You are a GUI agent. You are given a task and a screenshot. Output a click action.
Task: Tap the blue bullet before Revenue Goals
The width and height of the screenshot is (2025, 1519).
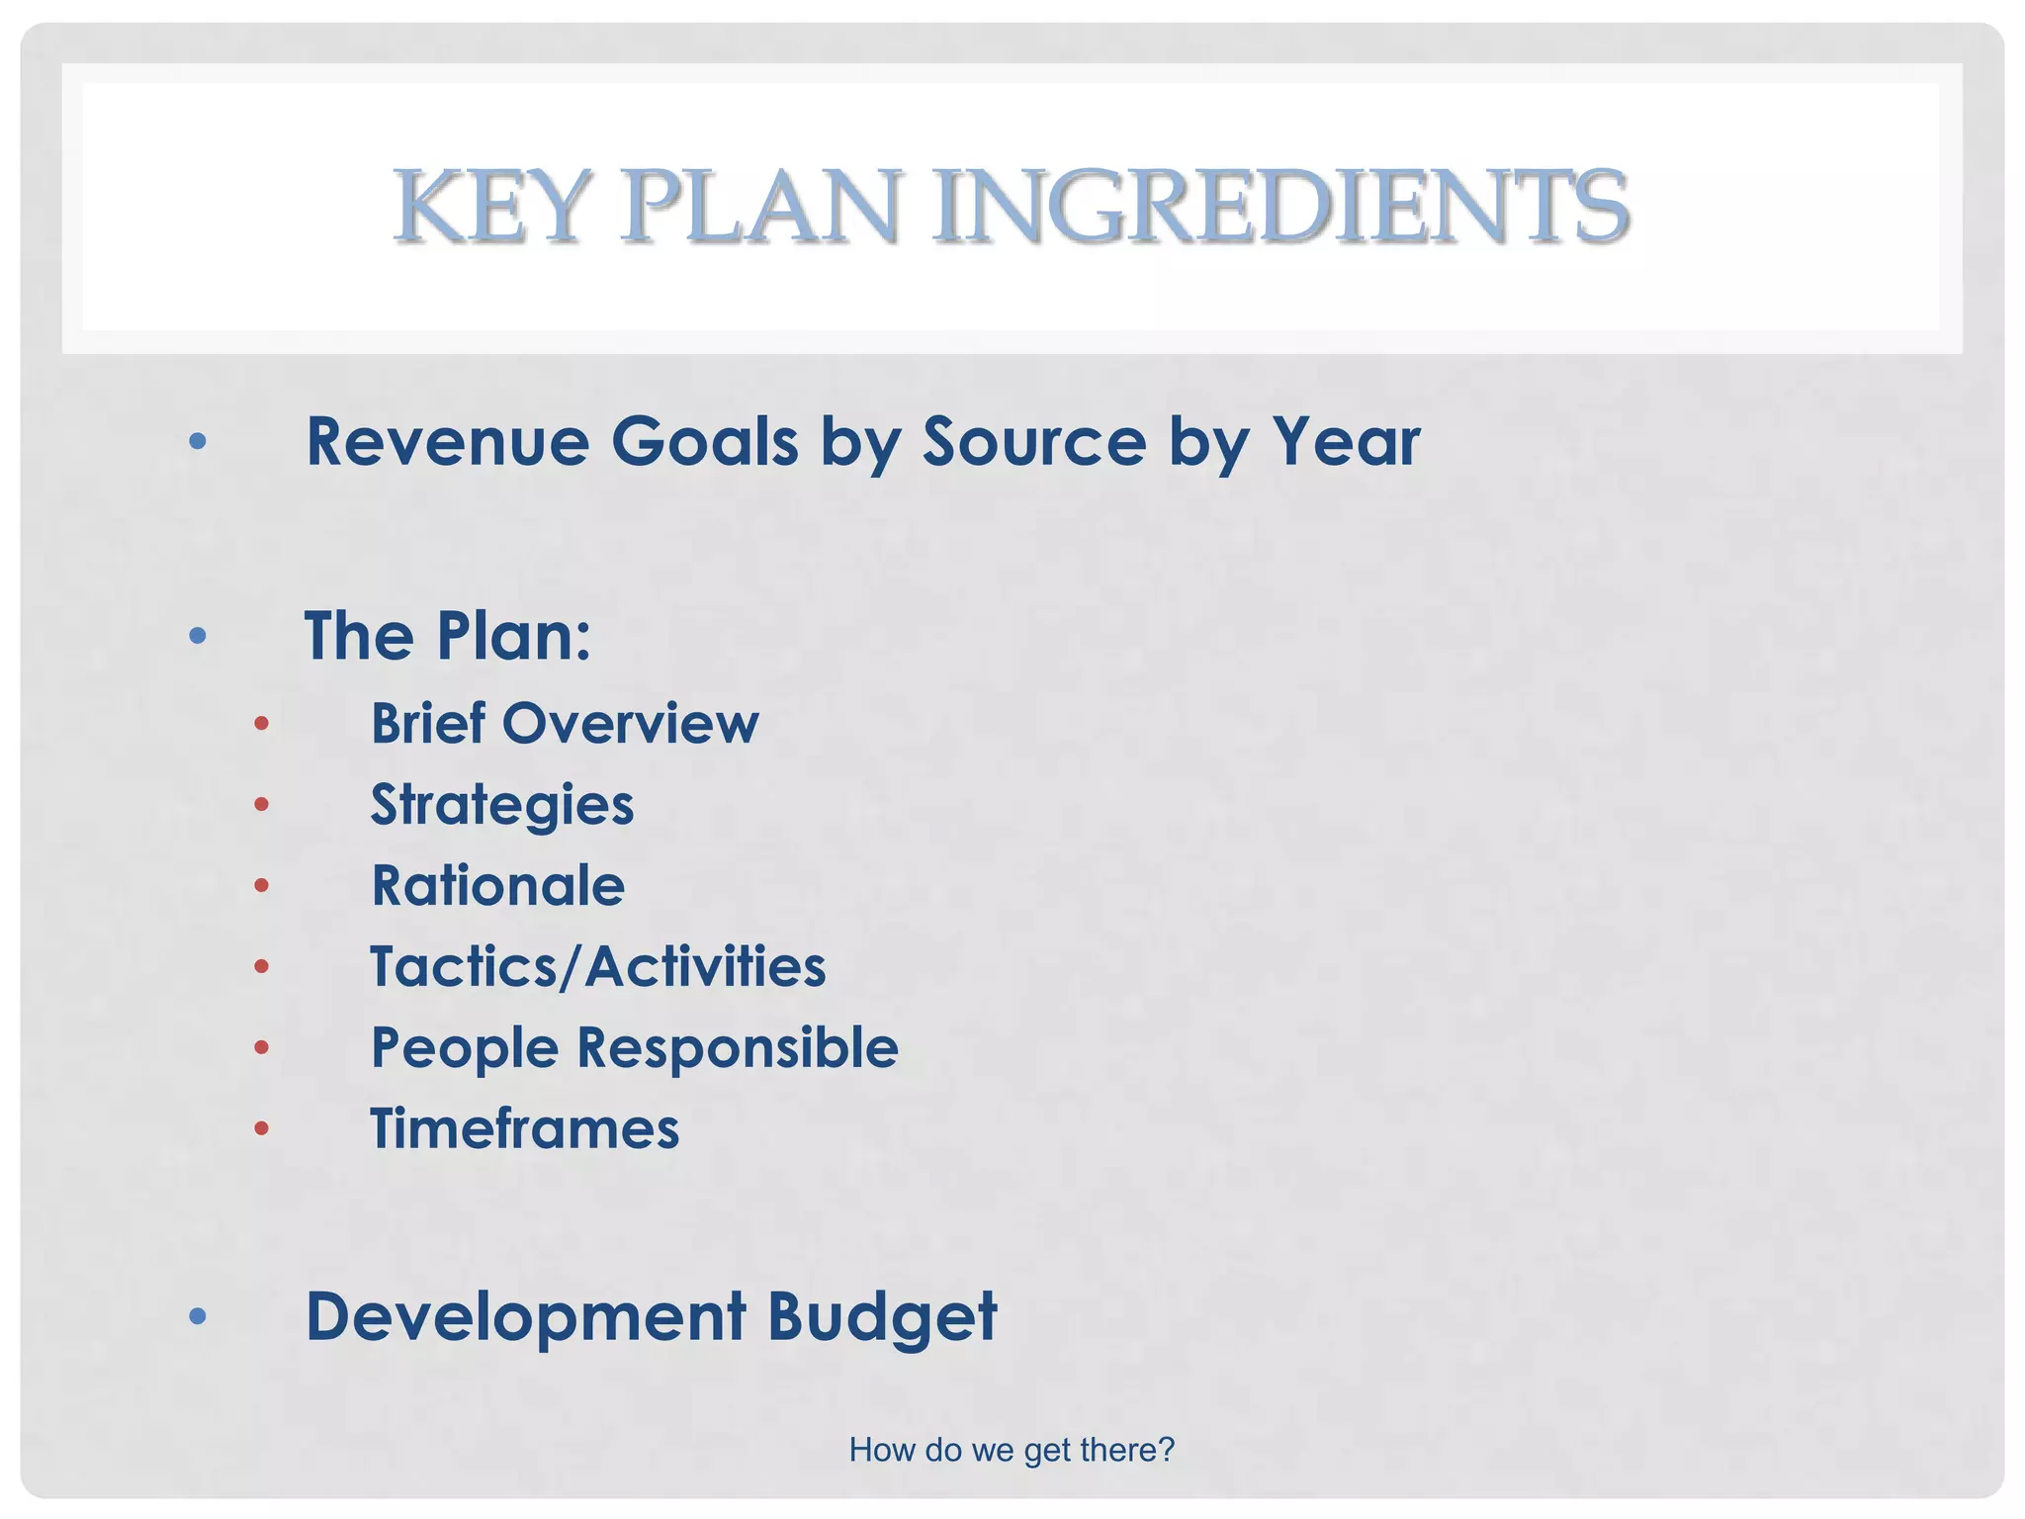[x=198, y=441]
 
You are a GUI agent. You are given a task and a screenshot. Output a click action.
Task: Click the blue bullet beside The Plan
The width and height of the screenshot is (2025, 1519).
[x=198, y=635]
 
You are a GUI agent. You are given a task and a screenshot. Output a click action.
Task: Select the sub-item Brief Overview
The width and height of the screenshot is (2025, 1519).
[x=565, y=723]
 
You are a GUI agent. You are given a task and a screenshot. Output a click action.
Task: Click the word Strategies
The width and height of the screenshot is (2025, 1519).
[x=502, y=805]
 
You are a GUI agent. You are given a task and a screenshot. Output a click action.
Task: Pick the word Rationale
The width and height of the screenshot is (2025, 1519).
[x=497, y=885]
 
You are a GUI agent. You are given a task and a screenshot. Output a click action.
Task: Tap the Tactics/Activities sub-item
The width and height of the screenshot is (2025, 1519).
[x=597, y=966]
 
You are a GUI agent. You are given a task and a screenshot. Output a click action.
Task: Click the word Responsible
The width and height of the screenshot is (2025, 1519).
[x=738, y=1047]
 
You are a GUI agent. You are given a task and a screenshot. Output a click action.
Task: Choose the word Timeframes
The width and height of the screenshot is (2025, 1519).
[x=524, y=1128]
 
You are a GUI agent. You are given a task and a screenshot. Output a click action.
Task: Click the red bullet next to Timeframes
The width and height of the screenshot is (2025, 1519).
[x=261, y=1128]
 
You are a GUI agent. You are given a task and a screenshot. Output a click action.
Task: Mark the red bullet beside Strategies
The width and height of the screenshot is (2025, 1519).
[x=261, y=805]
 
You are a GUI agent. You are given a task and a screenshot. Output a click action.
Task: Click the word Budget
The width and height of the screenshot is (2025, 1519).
[x=882, y=1316]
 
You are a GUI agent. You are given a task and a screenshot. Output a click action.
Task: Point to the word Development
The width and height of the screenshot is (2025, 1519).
[x=526, y=1316]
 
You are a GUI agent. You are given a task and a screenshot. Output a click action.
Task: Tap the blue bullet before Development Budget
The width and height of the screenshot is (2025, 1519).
[x=198, y=1316]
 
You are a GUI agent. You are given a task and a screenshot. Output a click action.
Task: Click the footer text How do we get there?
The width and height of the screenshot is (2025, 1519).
[x=1012, y=1450]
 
